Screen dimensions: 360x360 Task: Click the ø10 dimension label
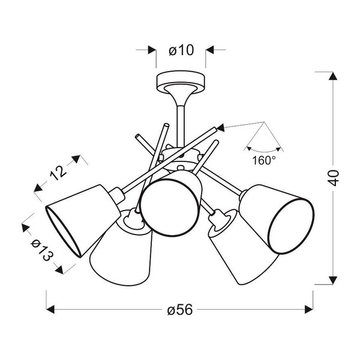pos(181,51)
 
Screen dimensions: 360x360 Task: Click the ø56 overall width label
pos(180,310)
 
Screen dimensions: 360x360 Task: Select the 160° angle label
pos(265,160)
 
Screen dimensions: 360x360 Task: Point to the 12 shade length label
pos(58,174)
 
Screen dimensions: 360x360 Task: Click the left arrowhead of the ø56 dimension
pos(52,310)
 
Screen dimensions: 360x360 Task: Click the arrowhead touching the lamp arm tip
pos(220,127)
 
